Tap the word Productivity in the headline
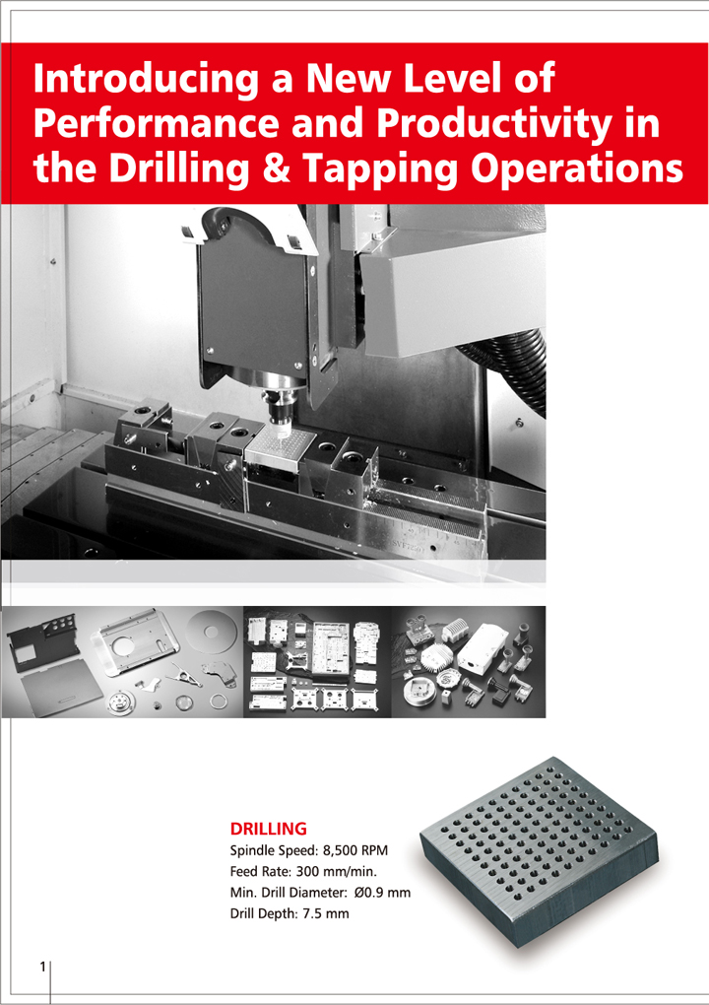tap(493, 124)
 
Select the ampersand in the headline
tap(276, 167)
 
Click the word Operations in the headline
tap(576, 169)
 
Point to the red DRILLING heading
tap(269, 829)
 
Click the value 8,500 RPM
tap(355, 850)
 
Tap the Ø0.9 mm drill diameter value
tap(382, 893)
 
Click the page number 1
tap(43, 967)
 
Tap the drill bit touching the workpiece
tap(281, 431)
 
